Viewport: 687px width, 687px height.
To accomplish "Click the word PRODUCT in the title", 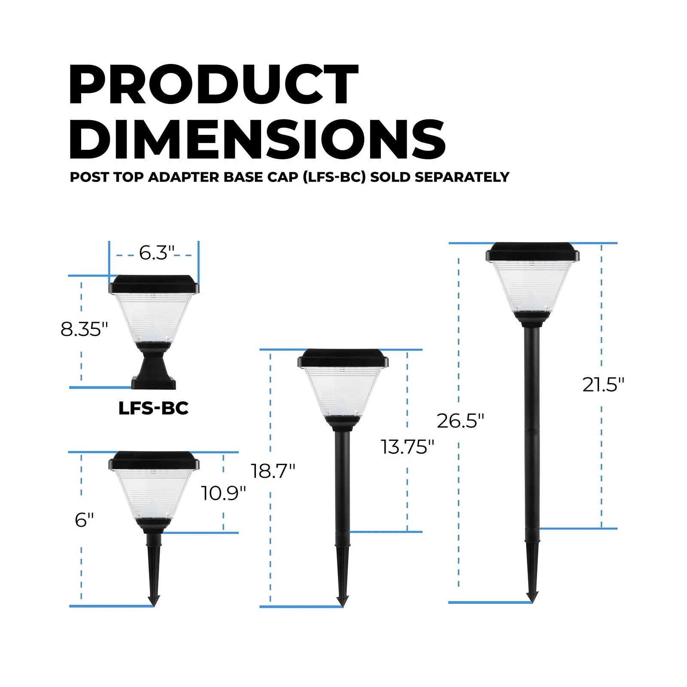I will pyautogui.click(x=213, y=85).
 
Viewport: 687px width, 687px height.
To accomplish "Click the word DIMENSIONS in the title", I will pyautogui.click(x=257, y=140).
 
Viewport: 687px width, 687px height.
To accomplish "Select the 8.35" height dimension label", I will pyautogui.click(x=84, y=330).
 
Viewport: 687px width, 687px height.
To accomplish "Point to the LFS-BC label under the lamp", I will pyautogui.click(x=153, y=408).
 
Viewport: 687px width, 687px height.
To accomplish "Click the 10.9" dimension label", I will pyautogui.click(x=223, y=493).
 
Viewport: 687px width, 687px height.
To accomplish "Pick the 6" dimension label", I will pyautogui.click(x=84, y=520).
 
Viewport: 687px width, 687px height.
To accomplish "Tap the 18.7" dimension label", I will pyautogui.click(x=273, y=471).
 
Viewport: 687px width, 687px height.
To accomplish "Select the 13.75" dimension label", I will pyautogui.click(x=407, y=447).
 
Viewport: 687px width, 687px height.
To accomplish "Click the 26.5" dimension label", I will pyautogui.click(x=460, y=421).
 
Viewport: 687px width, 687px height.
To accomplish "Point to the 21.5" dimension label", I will pyautogui.click(x=603, y=385).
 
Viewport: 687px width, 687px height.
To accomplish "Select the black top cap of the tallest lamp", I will pyautogui.click(x=532, y=252).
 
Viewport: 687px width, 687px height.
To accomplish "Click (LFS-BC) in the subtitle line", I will pyautogui.click(x=334, y=177).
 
